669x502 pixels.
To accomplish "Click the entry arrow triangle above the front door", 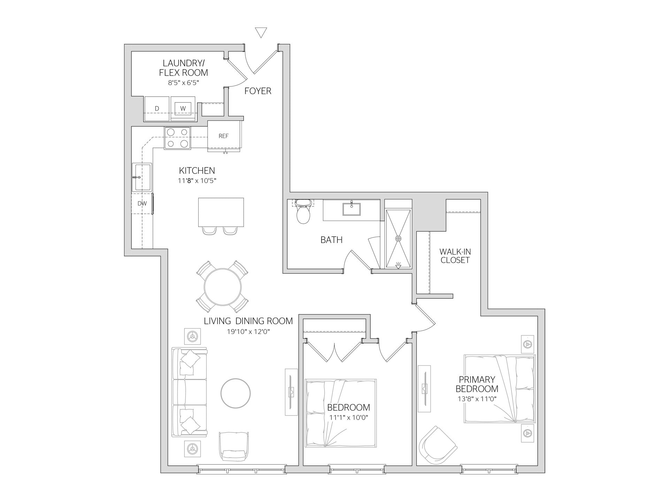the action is [x=261, y=32].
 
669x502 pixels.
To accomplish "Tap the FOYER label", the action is [x=258, y=91].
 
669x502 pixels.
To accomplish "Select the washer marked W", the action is [x=183, y=108].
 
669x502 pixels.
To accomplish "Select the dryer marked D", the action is [x=157, y=108].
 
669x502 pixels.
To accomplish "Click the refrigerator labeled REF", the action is [x=224, y=136].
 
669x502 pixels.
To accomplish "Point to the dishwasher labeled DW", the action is [x=142, y=204].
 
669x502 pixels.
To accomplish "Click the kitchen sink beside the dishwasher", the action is [x=141, y=177].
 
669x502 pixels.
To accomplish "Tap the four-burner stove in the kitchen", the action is [x=178, y=138].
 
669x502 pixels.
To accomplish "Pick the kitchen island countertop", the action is [x=221, y=212].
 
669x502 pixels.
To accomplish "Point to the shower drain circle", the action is [x=398, y=238].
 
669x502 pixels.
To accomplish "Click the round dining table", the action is [x=223, y=287].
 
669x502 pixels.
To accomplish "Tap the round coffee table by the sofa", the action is [x=236, y=393].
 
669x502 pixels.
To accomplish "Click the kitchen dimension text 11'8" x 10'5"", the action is [x=200, y=181].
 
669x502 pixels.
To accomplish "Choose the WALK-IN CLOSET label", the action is [x=455, y=256].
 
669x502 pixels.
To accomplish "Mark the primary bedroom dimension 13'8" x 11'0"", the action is [x=477, y=399].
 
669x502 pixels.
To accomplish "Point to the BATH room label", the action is [x=331, y=240].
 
